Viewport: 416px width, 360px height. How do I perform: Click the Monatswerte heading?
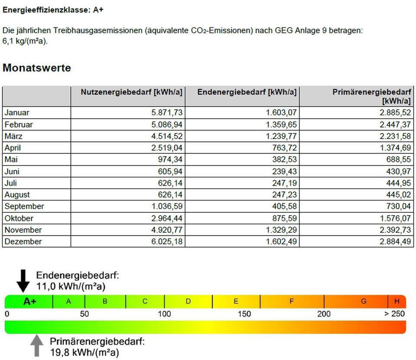37,68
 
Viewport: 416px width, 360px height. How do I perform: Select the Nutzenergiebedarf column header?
132,92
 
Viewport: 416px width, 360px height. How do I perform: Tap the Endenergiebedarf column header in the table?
247,92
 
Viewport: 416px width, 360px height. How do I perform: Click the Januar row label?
17,113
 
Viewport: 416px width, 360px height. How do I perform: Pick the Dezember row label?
23,241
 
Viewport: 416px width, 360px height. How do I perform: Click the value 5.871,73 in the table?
167,113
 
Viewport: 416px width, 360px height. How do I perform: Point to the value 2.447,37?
395,124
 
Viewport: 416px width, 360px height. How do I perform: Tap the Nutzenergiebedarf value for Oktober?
167,218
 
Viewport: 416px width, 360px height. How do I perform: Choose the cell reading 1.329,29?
281,230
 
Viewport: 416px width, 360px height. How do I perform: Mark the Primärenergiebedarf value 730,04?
398,206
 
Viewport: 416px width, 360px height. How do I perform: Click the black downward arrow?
23,280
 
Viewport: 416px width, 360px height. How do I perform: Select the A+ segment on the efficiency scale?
29,302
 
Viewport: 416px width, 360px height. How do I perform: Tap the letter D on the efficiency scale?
188,302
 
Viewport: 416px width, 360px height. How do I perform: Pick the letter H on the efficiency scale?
396,302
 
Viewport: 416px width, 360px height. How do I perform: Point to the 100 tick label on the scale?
164,314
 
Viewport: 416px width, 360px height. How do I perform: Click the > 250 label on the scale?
394,314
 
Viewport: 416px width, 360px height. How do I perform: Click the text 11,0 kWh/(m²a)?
71,286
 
